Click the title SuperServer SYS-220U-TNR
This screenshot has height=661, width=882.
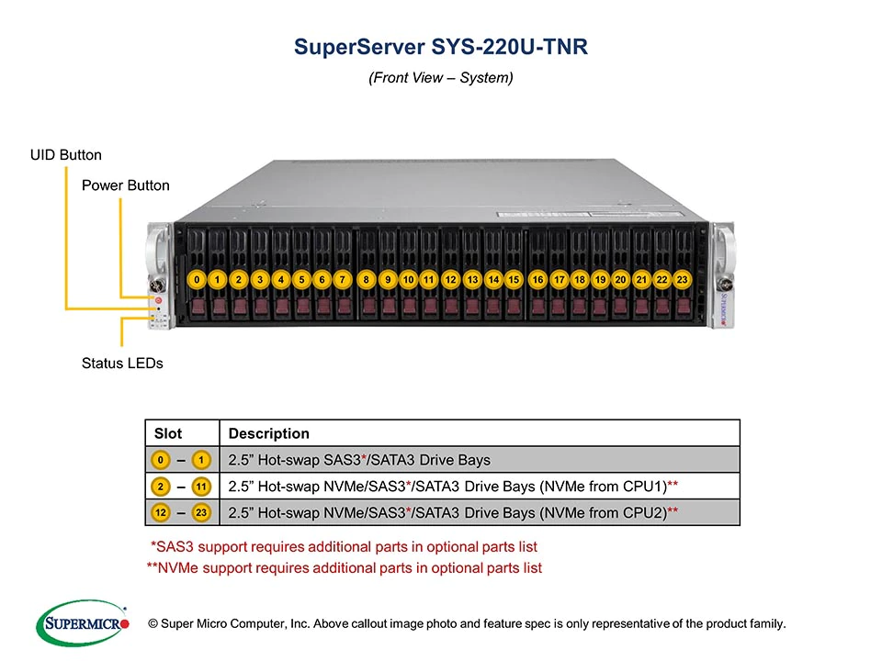(x=440, y=47)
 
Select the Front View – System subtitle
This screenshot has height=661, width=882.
(x=440, y=78)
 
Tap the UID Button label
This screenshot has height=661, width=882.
(x=66, y=154)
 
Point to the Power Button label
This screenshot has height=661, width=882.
(x=126, y=185)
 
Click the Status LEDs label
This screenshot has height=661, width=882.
(x=122, y=363)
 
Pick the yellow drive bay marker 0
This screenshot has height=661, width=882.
(x=197, y=279)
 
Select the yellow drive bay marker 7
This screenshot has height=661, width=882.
(x=342, y=279)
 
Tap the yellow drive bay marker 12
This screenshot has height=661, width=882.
(x=450, y=279)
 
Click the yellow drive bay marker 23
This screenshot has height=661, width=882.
(x=682, y=279)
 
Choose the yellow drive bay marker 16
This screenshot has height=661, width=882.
(x=538, y=279)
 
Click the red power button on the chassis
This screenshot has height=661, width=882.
(x=158, y=299)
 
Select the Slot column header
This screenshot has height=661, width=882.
(x=168, y=433)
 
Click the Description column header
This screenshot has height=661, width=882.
(x=268, y=433)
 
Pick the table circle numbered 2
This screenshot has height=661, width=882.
(x=161, y=486)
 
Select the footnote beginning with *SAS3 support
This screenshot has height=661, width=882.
(x=344, y=547)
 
